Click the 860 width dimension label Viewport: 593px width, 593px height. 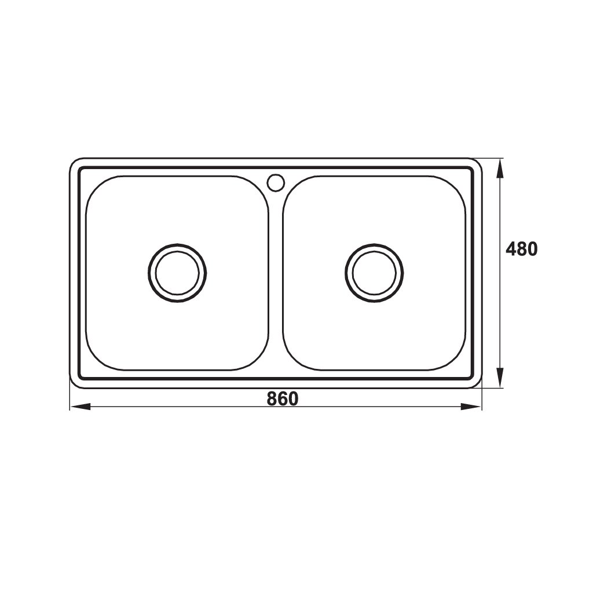click(x=283, y=398)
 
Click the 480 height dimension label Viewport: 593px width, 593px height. click(x=522, y=249)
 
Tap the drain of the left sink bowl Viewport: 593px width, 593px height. click(x=177, y=273)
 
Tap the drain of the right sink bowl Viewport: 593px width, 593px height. click(x=374, y=273)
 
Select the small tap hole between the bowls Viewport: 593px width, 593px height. click(x=276, y=181)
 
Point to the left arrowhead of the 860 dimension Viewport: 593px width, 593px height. click(x=80, y=407)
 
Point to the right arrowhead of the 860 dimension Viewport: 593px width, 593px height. click(x=471, y=407)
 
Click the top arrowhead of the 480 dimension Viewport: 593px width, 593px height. click(x=500, y=169)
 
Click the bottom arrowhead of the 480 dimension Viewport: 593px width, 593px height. click(x=500, y=378)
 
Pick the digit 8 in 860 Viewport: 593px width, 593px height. click(x=272, y=398)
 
